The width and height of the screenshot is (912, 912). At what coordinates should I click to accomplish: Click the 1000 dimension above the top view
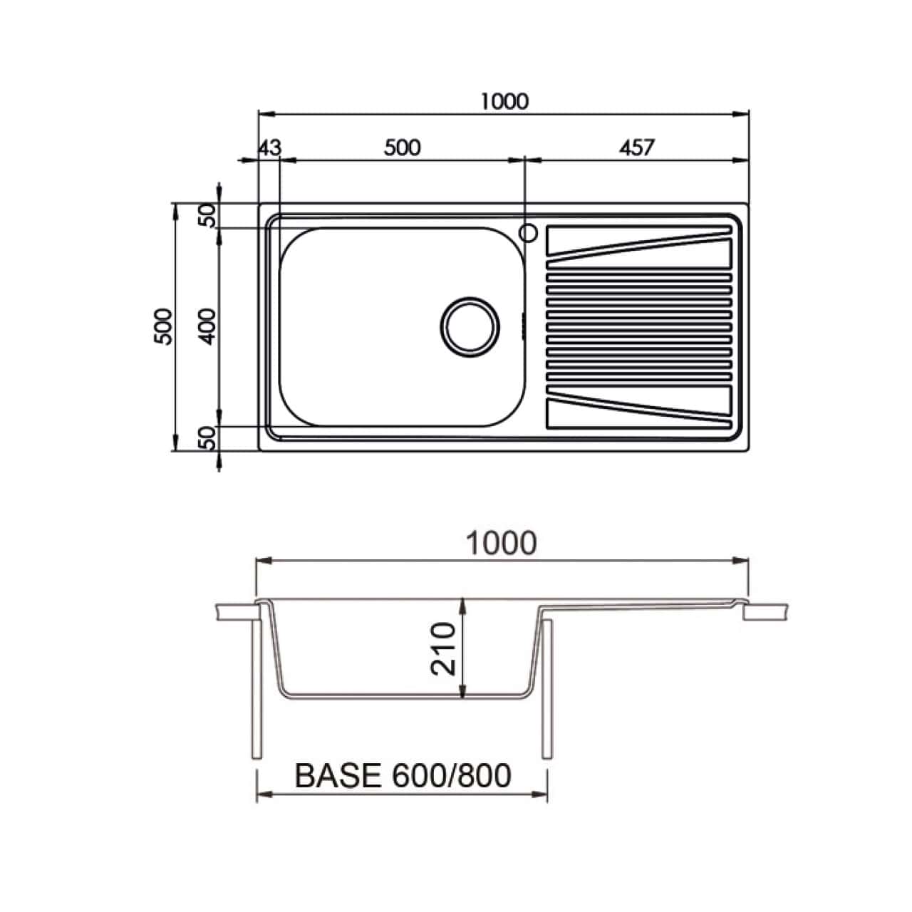click(504, 101)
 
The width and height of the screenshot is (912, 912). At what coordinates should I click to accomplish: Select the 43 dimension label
click(269, 147)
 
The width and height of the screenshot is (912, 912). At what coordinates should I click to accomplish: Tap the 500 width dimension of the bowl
click(402, 147)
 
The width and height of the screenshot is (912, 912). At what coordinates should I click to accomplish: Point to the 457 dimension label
click(636, 147)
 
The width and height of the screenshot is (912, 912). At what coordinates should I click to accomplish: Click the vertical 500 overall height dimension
click(165, 326)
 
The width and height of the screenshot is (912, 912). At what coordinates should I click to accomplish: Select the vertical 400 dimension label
click(207, 326)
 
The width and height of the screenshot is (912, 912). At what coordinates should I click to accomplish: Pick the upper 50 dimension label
click(207, 215)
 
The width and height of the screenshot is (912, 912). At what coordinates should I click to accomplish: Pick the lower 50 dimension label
click(207, 437)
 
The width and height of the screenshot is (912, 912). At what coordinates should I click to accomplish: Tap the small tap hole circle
click(528, 232)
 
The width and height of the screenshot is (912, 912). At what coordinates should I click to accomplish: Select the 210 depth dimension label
click(443, 648)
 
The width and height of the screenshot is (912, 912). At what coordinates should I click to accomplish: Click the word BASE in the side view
click(338, 776)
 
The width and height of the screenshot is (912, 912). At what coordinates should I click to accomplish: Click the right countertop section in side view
click(767, 612)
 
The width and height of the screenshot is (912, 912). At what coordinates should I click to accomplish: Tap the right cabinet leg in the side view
click(547, 688)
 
